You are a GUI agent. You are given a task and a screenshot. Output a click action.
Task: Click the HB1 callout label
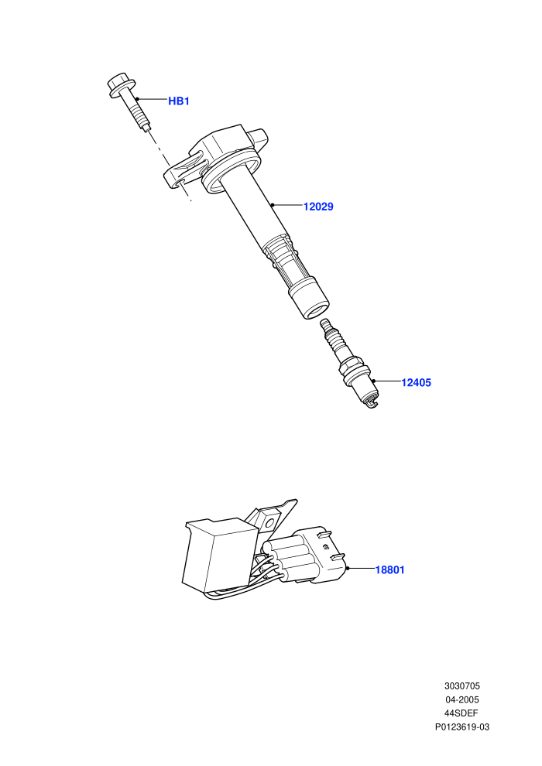(x=178, y=101)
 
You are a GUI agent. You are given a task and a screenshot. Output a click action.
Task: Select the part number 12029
(x=318, y=207)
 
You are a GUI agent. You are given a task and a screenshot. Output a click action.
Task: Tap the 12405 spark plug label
(x=416, y=382)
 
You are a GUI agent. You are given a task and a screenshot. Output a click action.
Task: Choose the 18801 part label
(x=389, y=569)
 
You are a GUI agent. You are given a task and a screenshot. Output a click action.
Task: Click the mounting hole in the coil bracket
(x=180, y=183)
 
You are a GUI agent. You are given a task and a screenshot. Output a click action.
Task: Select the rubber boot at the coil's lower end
(x=308, y=299)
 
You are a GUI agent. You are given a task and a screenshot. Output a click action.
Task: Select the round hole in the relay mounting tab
(x=267, y=523)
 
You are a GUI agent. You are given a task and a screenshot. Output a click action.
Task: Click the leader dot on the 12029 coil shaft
(x=273, y=205)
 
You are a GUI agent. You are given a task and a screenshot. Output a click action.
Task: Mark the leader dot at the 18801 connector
(x=348, y=568)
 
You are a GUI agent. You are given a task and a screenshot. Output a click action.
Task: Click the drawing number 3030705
(x=461, y=686)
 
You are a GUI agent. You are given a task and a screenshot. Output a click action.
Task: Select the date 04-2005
(x=461, y=699)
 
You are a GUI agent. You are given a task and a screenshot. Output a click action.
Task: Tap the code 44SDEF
(x=461, y=713)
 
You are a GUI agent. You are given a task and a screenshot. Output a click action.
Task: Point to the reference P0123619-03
(x=461, y=727)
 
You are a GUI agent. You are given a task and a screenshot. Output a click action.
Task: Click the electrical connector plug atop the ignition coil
(x=258, y=137)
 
